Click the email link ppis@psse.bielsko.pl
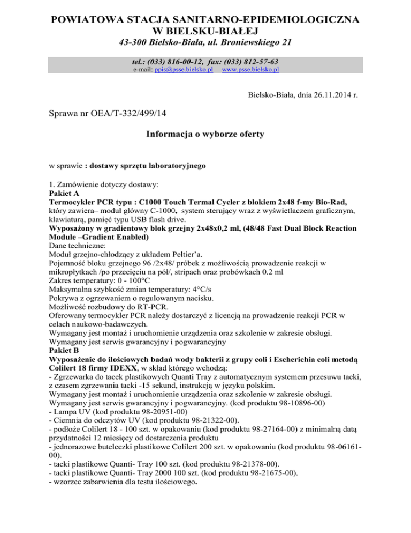pyautogui.click(x=184, y=70)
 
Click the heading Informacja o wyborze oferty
pyautogui.click(x=205, y=134)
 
